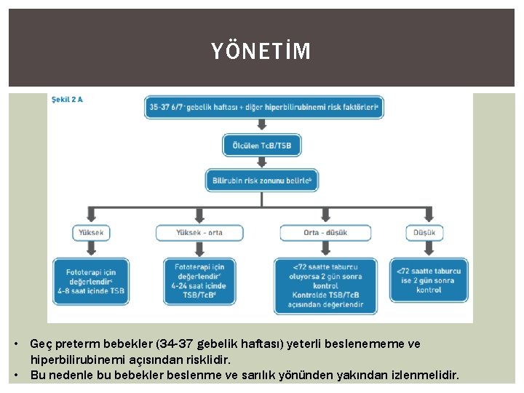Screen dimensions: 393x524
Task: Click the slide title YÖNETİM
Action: pyautogui.click(x=261, y=52)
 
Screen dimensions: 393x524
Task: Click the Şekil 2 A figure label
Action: pyautogui.click(x=67, y=100)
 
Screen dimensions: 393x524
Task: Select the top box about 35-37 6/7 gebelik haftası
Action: pyautogui.click(x=265, y=107)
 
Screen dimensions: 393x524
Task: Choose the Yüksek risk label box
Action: pyautogui.click(x=91, y=233)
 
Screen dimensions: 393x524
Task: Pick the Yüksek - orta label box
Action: pyautogui.click(x=199, y=233)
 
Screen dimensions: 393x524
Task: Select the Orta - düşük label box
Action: pyautogui.click(x=325, y=233)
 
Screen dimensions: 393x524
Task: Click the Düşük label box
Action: pyautogui.click(x=424, y=233)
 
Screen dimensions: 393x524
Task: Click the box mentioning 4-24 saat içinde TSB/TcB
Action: pyautogui.click(x=199, y=281)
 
